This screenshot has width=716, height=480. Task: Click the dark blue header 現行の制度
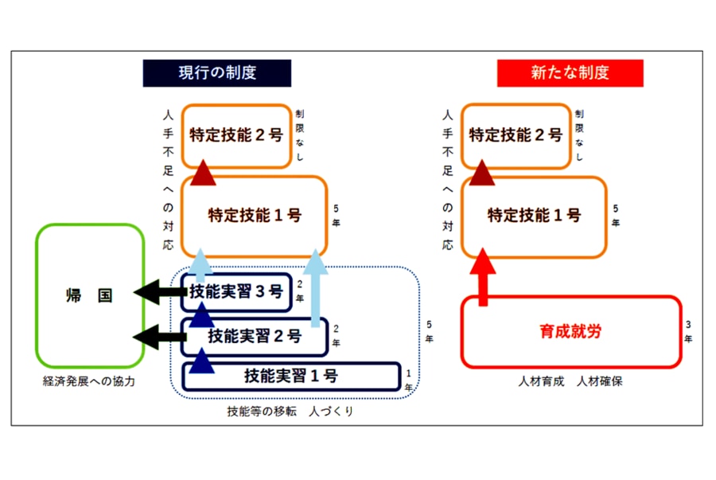point(217,73)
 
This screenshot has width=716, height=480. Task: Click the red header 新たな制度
point(570,73)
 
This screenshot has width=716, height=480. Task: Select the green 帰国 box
point(89,296)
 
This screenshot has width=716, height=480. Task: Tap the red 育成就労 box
point(571,332)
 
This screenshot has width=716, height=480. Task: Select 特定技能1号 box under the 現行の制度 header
point(255,215)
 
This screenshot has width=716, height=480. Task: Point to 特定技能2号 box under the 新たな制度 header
point(515,135)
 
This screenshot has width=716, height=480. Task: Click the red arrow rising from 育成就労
point(482,275)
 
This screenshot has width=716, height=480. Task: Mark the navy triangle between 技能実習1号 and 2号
point(203,362)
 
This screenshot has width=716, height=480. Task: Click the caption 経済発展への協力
point(89,381)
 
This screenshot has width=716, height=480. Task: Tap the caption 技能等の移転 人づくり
point(290,411)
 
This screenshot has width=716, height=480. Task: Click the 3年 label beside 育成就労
point(689,332)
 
